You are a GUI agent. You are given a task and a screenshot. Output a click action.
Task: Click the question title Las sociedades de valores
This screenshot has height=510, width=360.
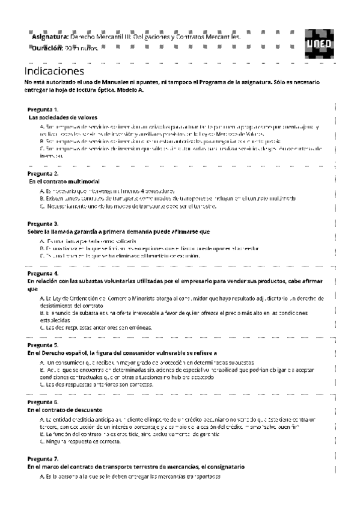(63, 117)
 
